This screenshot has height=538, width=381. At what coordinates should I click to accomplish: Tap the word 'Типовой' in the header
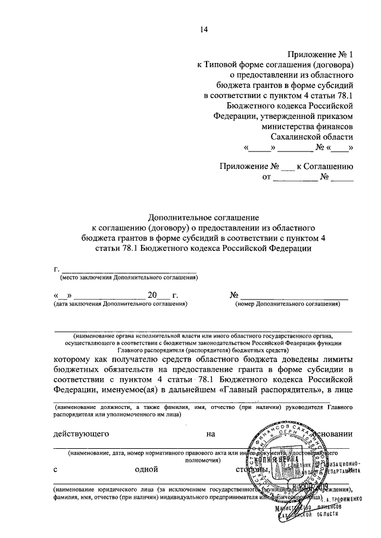(x=223, y=65)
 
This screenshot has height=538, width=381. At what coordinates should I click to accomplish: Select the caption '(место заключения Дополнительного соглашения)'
(x=128, y=278)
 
